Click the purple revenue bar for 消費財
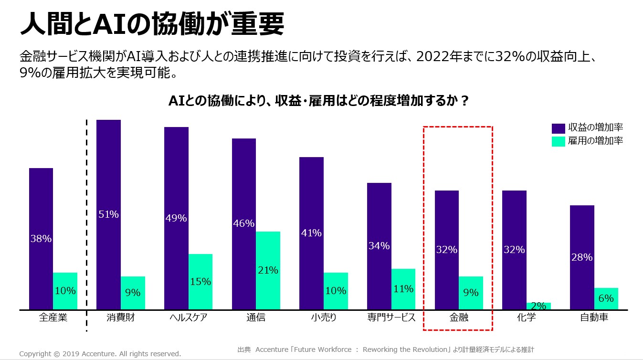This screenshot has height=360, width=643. coord(109,214)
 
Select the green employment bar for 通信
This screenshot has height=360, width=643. coord(268,270)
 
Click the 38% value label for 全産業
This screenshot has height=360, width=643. coord(41,239)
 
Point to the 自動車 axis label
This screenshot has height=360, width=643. coord(594,318)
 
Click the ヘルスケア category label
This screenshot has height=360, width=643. coord(188,318)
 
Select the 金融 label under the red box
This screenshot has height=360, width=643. coord(458,318)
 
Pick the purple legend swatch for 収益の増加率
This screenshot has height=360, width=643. coord(559,128)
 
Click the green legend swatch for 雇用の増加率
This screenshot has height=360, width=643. coord(559,141)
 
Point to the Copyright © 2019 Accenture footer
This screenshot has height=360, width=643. coord(100,354)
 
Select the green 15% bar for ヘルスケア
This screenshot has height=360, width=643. coord(200,282)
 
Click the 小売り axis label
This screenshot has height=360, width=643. coord(323,318)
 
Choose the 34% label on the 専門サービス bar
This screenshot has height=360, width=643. coord(379,246)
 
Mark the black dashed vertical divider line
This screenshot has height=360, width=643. coord(86,224)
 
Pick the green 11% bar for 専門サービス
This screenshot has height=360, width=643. coord(403,289)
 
